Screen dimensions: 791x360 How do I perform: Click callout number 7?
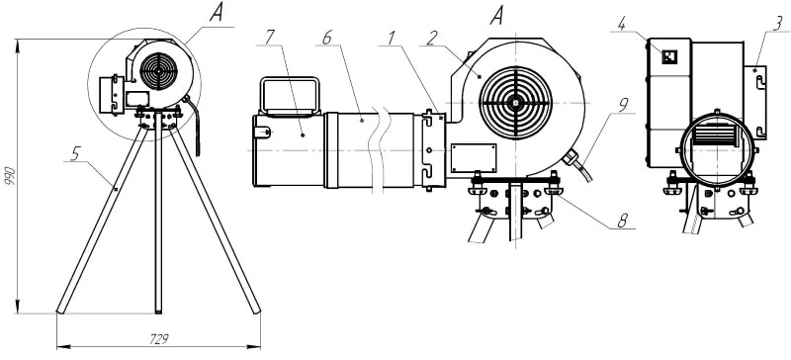270,37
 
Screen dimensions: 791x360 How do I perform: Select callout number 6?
327,38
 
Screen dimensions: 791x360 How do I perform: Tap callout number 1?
391,38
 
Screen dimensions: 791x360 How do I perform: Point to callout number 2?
430,38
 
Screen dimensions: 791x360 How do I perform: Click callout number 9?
623,105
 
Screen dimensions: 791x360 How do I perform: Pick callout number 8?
623,221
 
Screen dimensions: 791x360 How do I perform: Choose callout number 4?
622,24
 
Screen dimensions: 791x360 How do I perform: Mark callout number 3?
778,23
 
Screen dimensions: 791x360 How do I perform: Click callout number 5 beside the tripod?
75,153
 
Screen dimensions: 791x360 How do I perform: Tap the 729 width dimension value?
159,339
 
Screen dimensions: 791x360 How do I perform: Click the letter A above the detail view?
497,17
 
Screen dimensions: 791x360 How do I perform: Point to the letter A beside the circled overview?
216,14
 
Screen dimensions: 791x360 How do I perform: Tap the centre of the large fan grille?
515,103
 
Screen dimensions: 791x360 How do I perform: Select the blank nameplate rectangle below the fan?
474,158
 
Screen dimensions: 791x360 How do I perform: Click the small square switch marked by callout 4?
669,57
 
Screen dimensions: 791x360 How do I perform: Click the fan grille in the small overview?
158,71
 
